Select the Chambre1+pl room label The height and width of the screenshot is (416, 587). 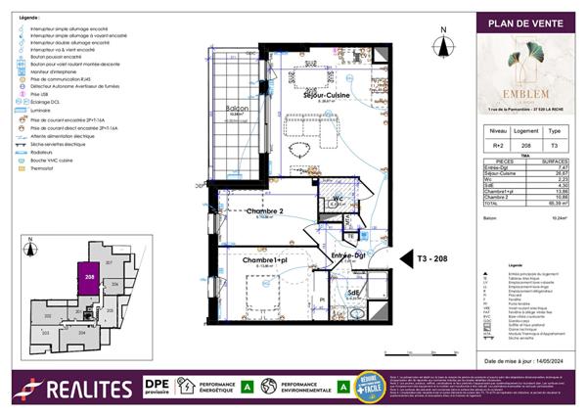point(264,260)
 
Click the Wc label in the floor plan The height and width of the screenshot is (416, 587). point(338,199)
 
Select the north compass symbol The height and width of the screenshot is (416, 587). point(443,42)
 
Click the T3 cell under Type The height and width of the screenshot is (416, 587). point(554,143)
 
